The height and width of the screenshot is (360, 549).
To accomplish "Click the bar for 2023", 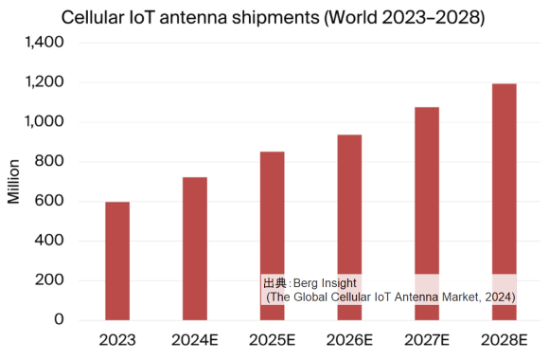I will coord(117,261).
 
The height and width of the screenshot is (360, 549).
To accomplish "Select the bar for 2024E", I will coord(194,248).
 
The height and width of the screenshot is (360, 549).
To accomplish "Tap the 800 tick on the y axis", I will coord(49,162).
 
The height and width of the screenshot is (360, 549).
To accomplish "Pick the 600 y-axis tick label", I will coord(49,201).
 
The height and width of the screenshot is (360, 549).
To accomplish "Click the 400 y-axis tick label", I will coord(49,241).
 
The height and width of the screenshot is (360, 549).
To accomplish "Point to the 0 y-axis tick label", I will coord(59,320).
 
